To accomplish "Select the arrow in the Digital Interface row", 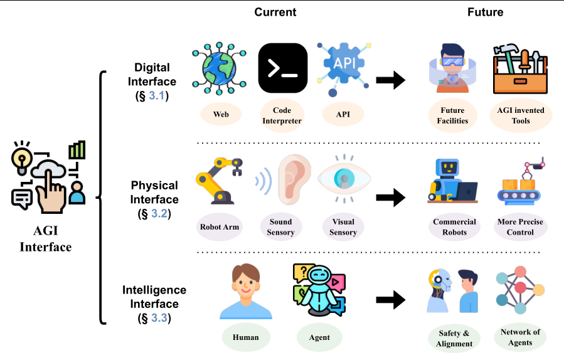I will point(390,80).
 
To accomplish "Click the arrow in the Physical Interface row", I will point(390,198).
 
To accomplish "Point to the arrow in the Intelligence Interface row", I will point(390,299).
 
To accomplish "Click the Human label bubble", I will point(245,337).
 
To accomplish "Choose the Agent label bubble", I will point(319,337).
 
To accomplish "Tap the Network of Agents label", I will point(520,337).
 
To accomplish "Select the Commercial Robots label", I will point(454,227).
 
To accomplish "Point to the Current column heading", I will point(275,12).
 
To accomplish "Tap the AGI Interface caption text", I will point(46,238).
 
